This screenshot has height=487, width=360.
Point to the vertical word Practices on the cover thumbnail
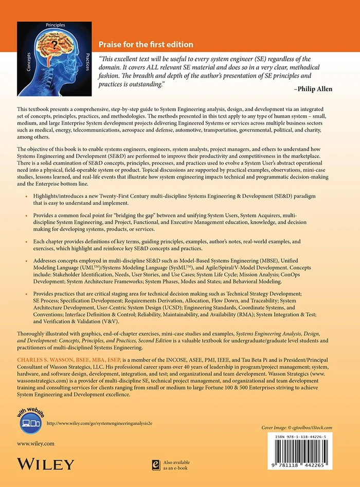coord(87,61)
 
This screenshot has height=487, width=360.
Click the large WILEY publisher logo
coord(46,464)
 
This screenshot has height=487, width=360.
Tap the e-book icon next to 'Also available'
coord(152,464)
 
